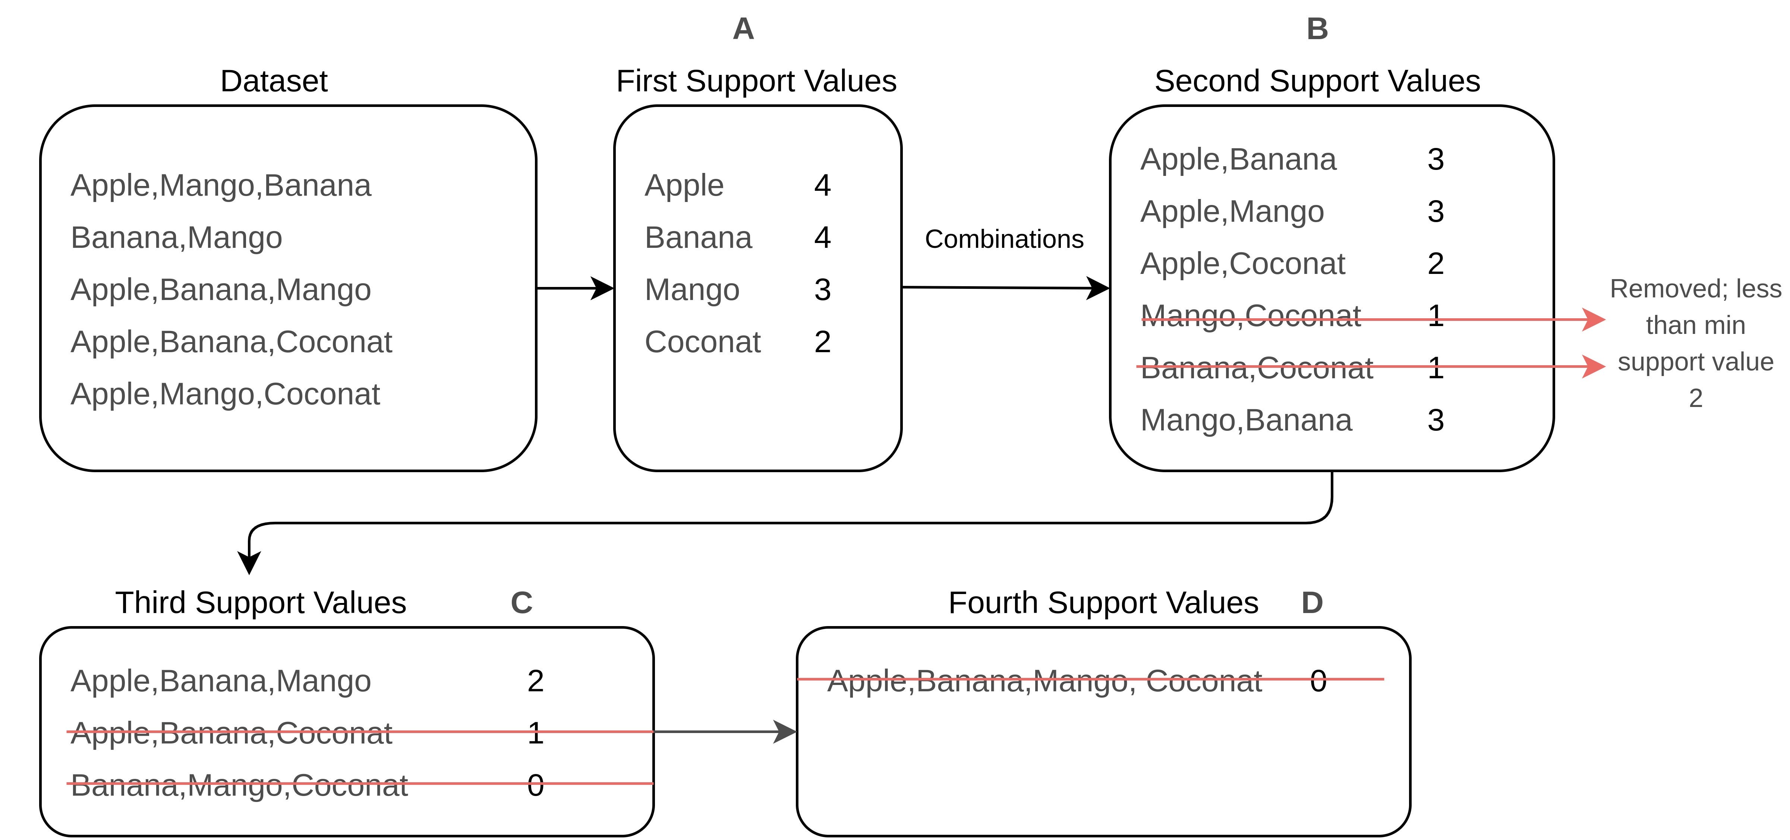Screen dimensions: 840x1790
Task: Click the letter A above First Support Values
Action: (743, 29)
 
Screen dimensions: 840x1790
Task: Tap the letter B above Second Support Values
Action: (1317, 29)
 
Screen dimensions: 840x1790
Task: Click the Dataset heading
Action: (273, 81)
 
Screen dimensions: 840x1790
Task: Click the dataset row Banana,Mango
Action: (176, 238)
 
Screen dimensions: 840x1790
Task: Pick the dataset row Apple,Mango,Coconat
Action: (225, 394)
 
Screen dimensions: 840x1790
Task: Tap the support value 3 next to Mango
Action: (822, 290)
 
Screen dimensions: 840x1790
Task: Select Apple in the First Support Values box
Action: (684, 186)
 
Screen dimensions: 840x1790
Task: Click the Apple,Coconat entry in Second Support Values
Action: (1242, 264)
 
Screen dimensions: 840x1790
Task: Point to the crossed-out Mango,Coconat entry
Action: (1250, 316)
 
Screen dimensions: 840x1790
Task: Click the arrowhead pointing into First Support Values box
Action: (602, 288)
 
